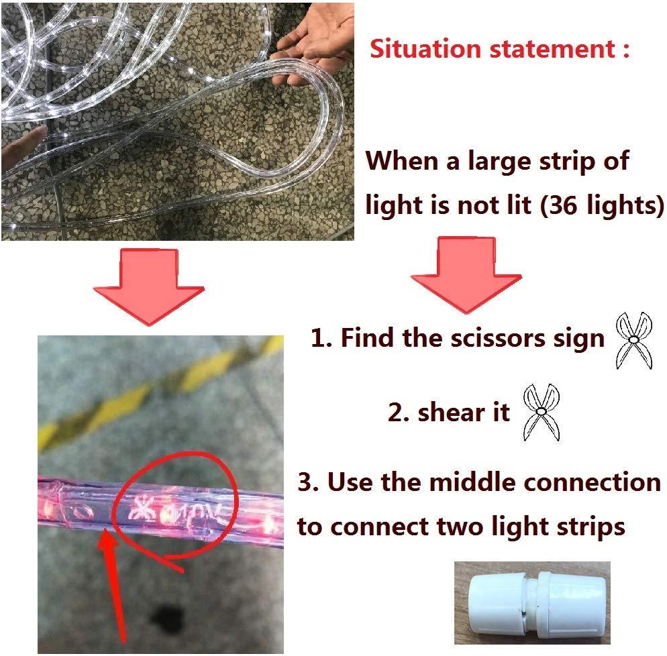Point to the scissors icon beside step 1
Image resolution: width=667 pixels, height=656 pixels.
(x=633, y=340)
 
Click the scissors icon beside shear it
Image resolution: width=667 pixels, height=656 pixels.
(x=541, y=413)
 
